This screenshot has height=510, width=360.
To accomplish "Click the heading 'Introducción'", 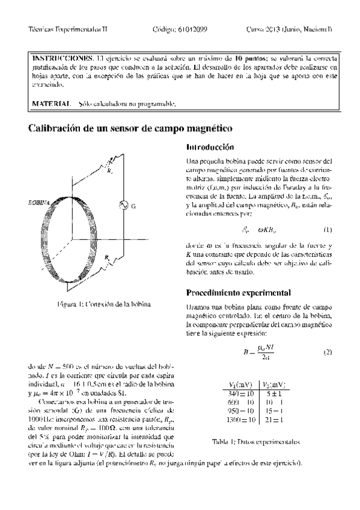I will coord(210,147).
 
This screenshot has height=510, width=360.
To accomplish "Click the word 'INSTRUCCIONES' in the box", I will coord(62,58).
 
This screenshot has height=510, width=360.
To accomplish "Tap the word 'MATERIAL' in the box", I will coord(50,104).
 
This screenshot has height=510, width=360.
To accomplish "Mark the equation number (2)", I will coord(328,352).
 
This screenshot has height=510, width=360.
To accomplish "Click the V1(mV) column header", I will coord(241,384).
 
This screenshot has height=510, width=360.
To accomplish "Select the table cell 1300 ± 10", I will coord(241,419).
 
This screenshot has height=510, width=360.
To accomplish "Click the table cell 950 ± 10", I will coord(241,410).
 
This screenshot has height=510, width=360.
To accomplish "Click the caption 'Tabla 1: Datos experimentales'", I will coord(256,442).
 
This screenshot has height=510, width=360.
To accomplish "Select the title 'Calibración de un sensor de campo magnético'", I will coord(131,129).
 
